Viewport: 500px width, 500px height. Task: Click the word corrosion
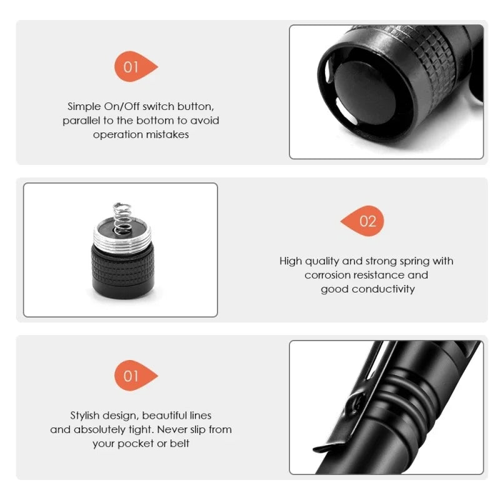pos(329,275)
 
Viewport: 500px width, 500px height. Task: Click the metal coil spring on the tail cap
pos(121,216)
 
